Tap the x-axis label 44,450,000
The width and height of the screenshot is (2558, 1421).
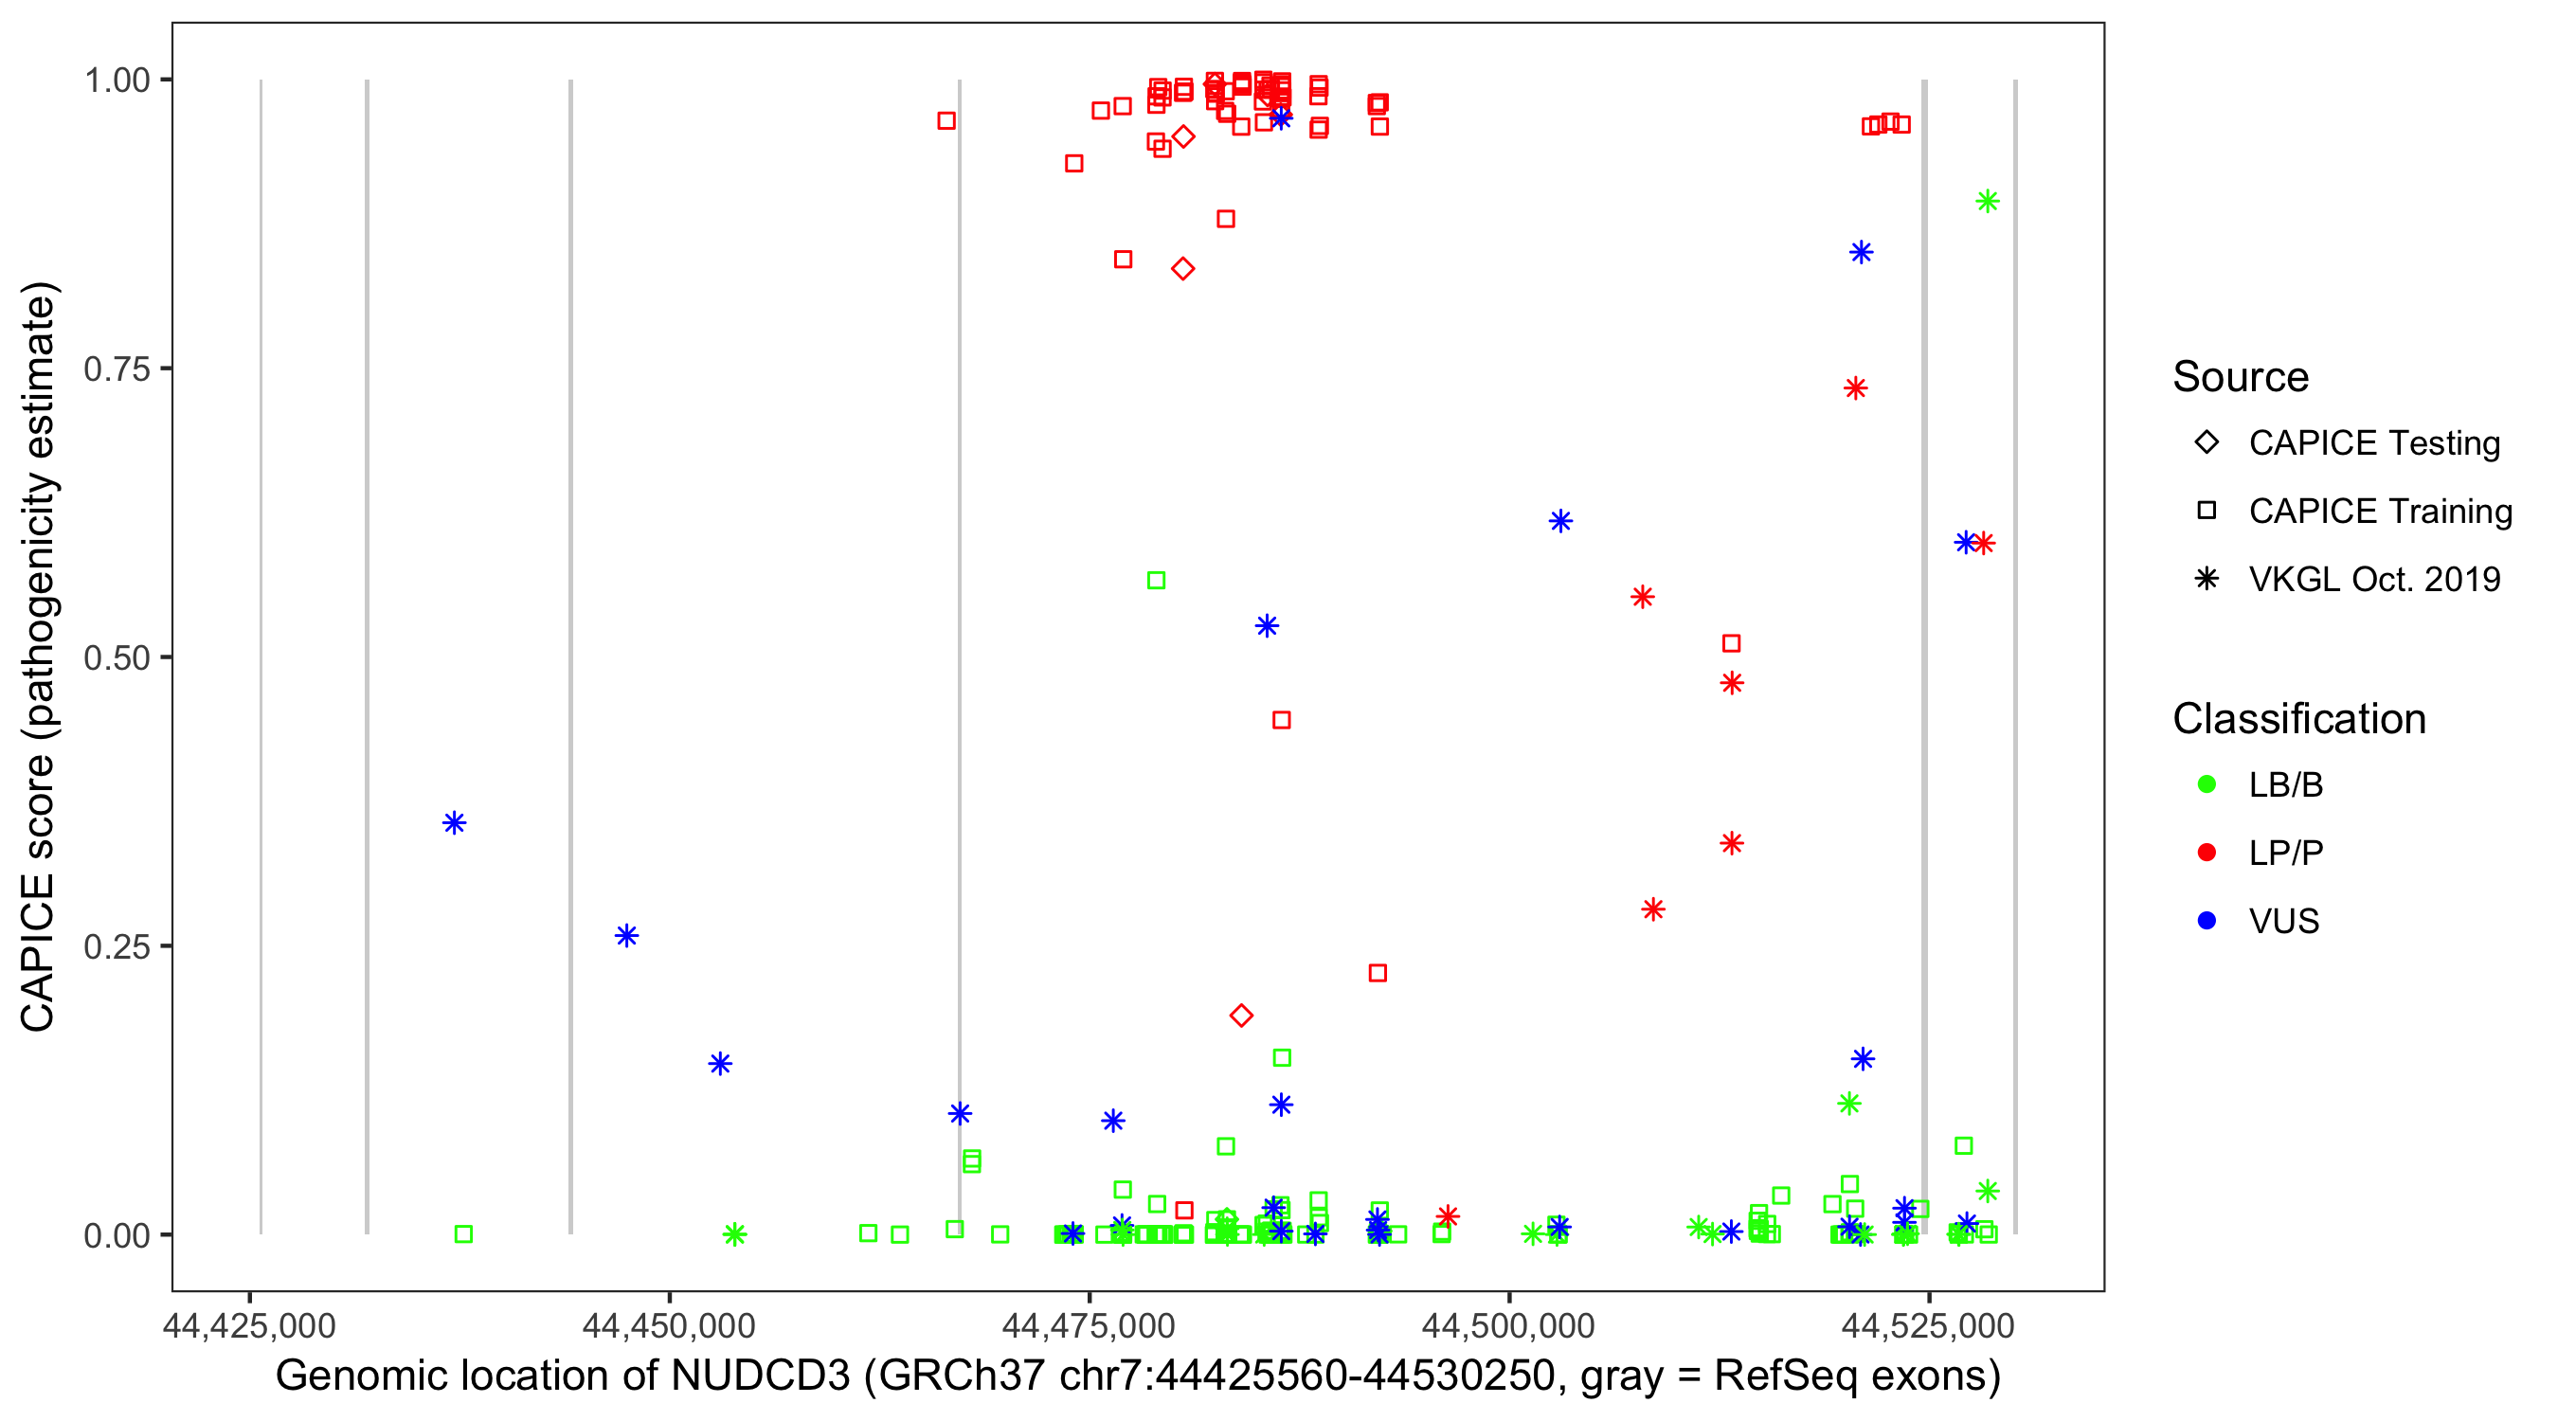point(669,1326)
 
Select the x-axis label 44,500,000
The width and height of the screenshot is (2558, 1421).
point(1508,1326)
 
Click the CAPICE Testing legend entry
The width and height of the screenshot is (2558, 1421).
point(2373,443)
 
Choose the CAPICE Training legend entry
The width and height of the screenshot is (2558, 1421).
point(2379,512)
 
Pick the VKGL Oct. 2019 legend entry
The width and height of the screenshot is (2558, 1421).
point(2373,579)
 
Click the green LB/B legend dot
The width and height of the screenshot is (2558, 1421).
point(2207,784)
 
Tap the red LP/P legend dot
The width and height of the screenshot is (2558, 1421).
point(2207,853)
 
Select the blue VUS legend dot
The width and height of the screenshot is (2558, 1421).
point(2207,921)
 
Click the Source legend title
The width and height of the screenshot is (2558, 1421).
point(2241,377)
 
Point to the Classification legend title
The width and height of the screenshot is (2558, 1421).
point(2298,719)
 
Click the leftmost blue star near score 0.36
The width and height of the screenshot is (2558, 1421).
point(455,822)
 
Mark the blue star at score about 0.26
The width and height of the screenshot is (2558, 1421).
point(626,935)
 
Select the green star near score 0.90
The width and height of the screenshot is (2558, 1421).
point(1987,202)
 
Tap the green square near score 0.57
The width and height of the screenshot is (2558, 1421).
point(1157,580)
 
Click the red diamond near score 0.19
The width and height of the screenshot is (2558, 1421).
point(1241,1015)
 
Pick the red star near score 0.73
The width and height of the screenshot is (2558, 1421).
point(1856,388)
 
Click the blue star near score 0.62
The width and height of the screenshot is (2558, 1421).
point(1560,521)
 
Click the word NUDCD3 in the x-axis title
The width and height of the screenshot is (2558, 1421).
point(761,1376)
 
